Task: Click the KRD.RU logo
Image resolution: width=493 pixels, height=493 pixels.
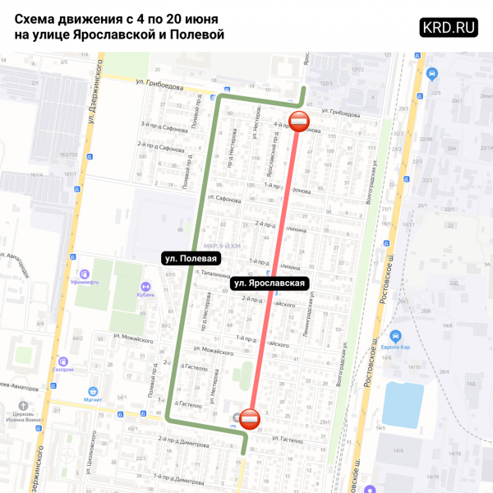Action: [449, 26]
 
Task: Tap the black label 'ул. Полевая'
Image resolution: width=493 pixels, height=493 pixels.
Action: [191, 258]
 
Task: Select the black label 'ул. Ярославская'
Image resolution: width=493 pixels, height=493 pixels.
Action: [270, 283]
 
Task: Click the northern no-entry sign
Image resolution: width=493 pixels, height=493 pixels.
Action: [300, 122]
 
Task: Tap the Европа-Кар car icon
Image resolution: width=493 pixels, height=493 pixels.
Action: [395, 336]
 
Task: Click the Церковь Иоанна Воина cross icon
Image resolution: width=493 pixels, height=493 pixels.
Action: [23, 405]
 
